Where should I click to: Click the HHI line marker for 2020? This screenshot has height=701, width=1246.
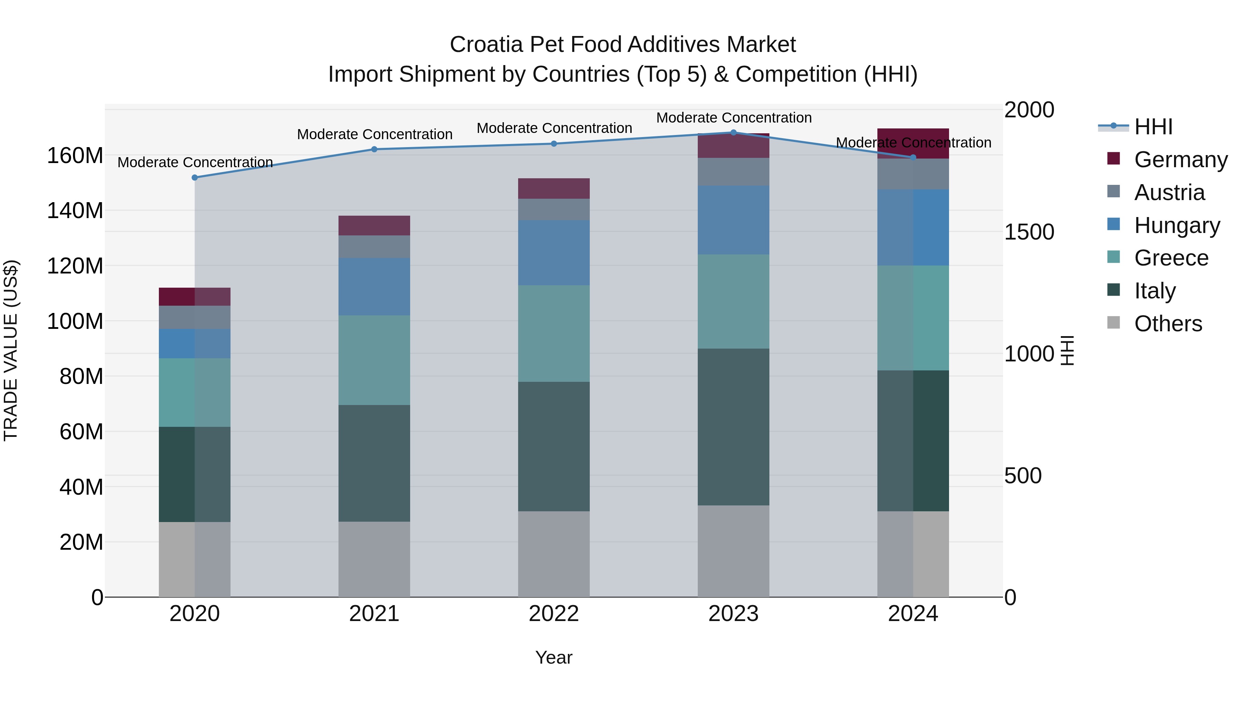point(195,178)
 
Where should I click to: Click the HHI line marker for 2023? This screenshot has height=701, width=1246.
point(733,133)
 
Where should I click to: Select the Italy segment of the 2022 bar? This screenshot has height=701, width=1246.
point(554,446)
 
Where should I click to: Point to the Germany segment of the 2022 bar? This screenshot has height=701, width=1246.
point(554,188)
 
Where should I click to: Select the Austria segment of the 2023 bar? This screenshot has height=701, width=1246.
point(733,171)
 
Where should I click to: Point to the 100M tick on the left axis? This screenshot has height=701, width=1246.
point(75,321)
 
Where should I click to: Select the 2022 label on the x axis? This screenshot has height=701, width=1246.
point(554,613)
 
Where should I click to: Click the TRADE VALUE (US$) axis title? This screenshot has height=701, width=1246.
point(11,350)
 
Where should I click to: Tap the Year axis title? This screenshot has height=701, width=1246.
point(554,657)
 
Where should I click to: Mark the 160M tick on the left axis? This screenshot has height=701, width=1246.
point(75,156)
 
